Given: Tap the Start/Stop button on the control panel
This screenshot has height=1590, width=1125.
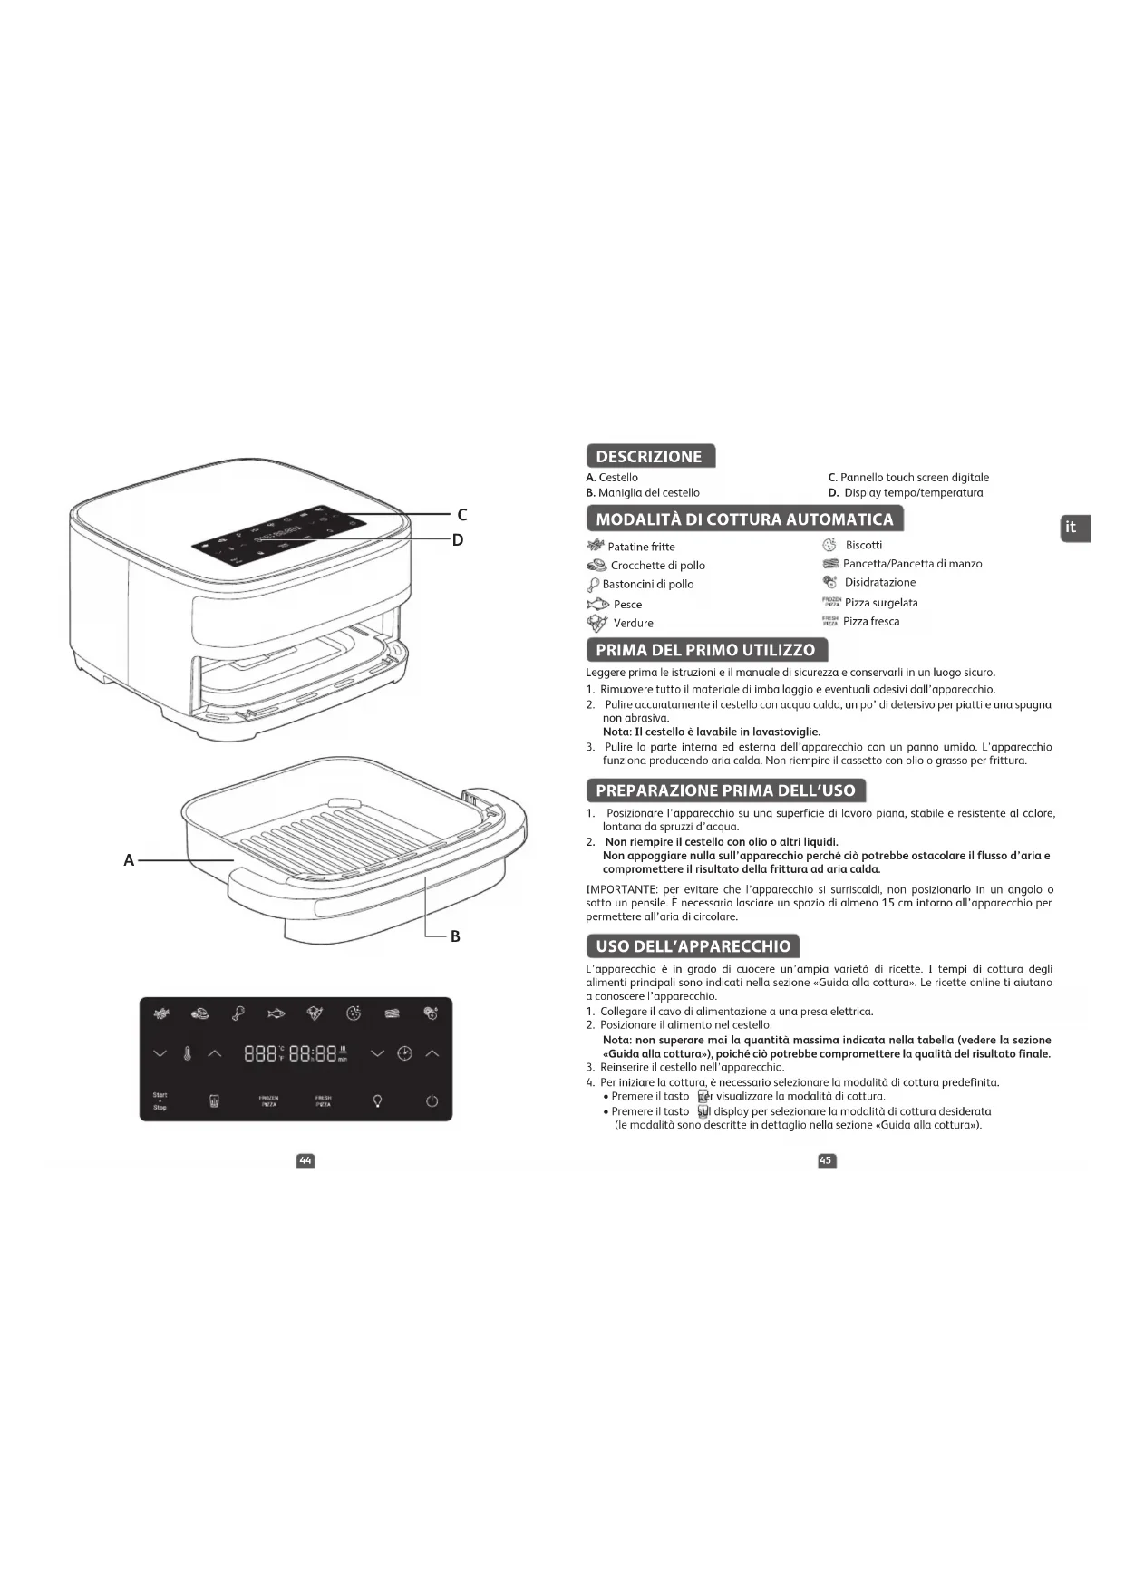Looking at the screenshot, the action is coord(160,1100).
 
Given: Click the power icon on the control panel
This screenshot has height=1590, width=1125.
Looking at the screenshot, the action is coord(432,1101).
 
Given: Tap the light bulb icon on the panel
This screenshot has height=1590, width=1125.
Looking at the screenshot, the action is coord(377,1101).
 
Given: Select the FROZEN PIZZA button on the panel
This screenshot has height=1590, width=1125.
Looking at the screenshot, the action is coord(268,1101).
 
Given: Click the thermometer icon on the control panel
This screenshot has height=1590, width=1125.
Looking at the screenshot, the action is coord(187,1053).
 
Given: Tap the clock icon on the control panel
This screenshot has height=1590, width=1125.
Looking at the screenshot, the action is coord(404,1053).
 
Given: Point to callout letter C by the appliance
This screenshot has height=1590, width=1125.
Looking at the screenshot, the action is coord(461,515).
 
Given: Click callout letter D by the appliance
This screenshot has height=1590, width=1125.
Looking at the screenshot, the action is coord(458,540).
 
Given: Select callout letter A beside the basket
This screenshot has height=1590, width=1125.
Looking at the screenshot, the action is coord(129,860).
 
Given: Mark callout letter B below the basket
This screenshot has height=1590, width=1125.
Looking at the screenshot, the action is coord(455,936).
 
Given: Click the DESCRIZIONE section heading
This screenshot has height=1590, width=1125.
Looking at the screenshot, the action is coord(649,456).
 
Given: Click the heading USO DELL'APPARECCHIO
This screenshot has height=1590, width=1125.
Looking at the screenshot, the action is coord(693,946).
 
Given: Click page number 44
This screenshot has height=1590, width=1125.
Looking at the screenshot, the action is coord(305,1161).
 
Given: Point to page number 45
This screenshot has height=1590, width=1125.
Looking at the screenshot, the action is coord(826,1161).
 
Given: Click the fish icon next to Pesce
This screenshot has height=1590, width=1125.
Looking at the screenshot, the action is coord(596,604).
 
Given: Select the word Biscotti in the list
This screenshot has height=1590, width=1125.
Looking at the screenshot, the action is coord(863,545).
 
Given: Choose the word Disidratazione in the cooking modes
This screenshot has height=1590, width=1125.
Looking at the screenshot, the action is coord(879,582).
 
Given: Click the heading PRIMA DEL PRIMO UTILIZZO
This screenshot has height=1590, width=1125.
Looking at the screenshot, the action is coord(705,650).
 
